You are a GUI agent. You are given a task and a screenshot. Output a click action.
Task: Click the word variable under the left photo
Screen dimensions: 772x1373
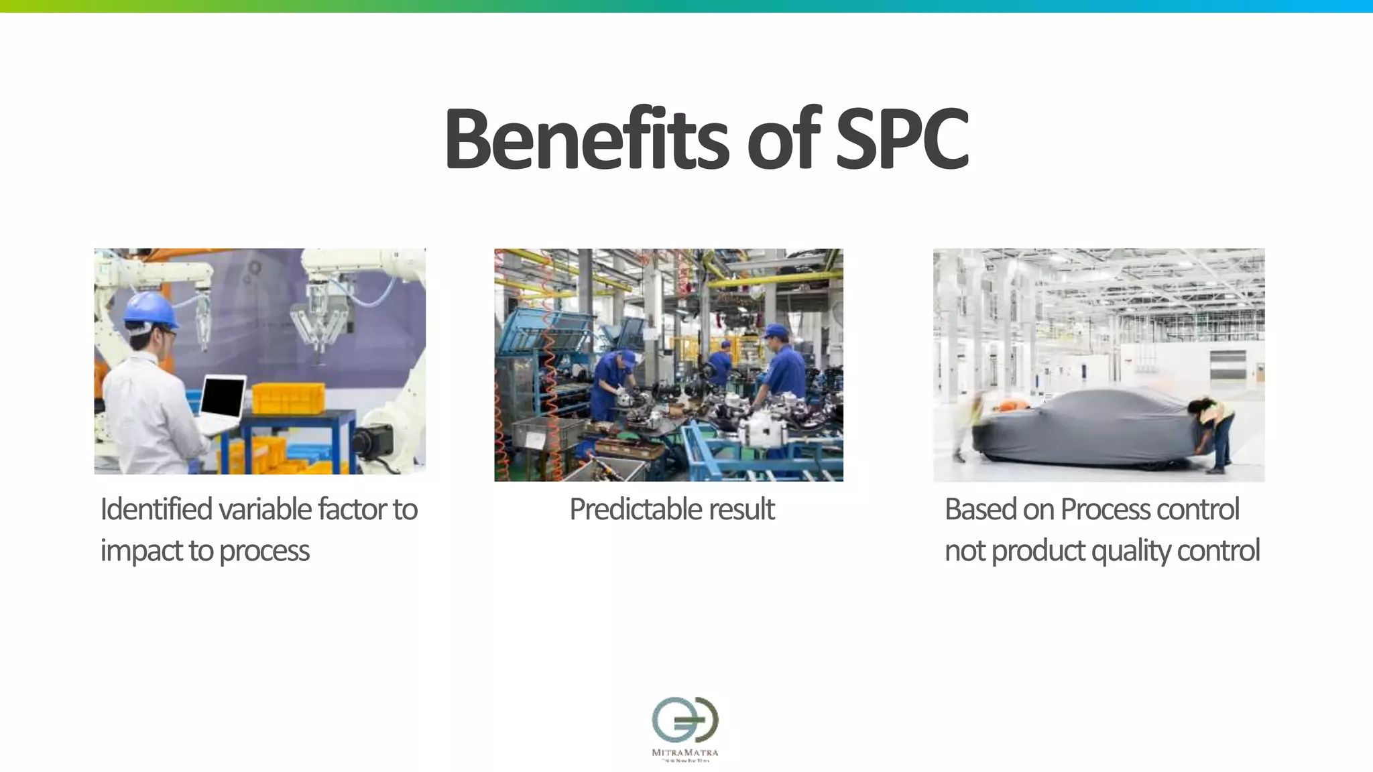(x=265, y=509)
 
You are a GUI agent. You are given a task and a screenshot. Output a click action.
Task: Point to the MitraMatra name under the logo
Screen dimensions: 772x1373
(x=685, y=753)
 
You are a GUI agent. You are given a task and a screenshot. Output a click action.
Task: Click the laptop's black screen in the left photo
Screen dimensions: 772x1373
(x=223, y=397)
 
